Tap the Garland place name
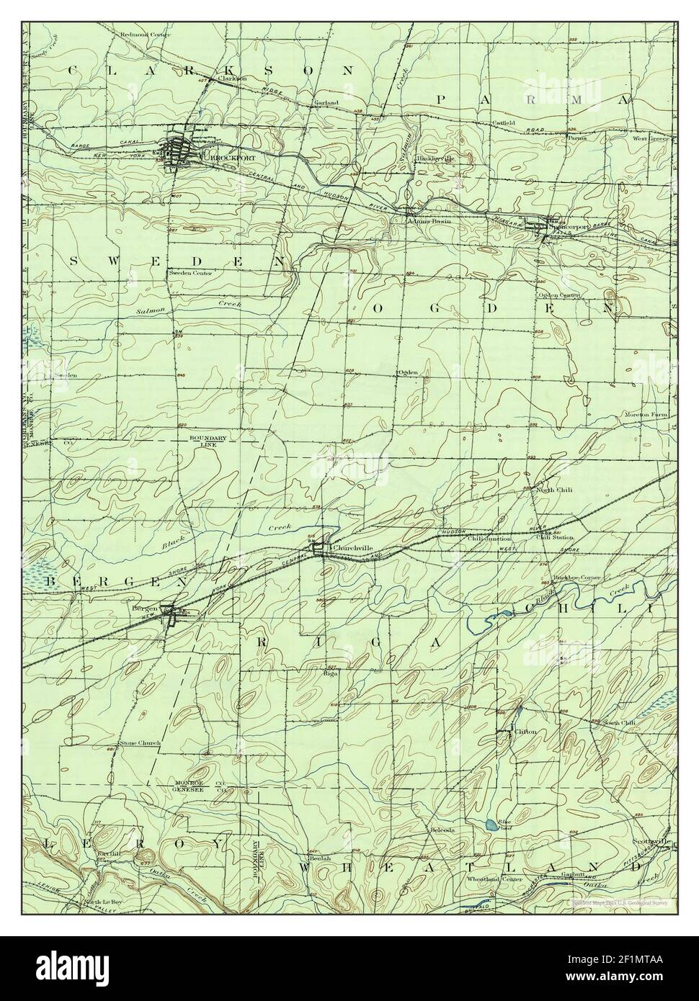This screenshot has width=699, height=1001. coord(326,103)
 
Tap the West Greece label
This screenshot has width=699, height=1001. coord(651,138)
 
